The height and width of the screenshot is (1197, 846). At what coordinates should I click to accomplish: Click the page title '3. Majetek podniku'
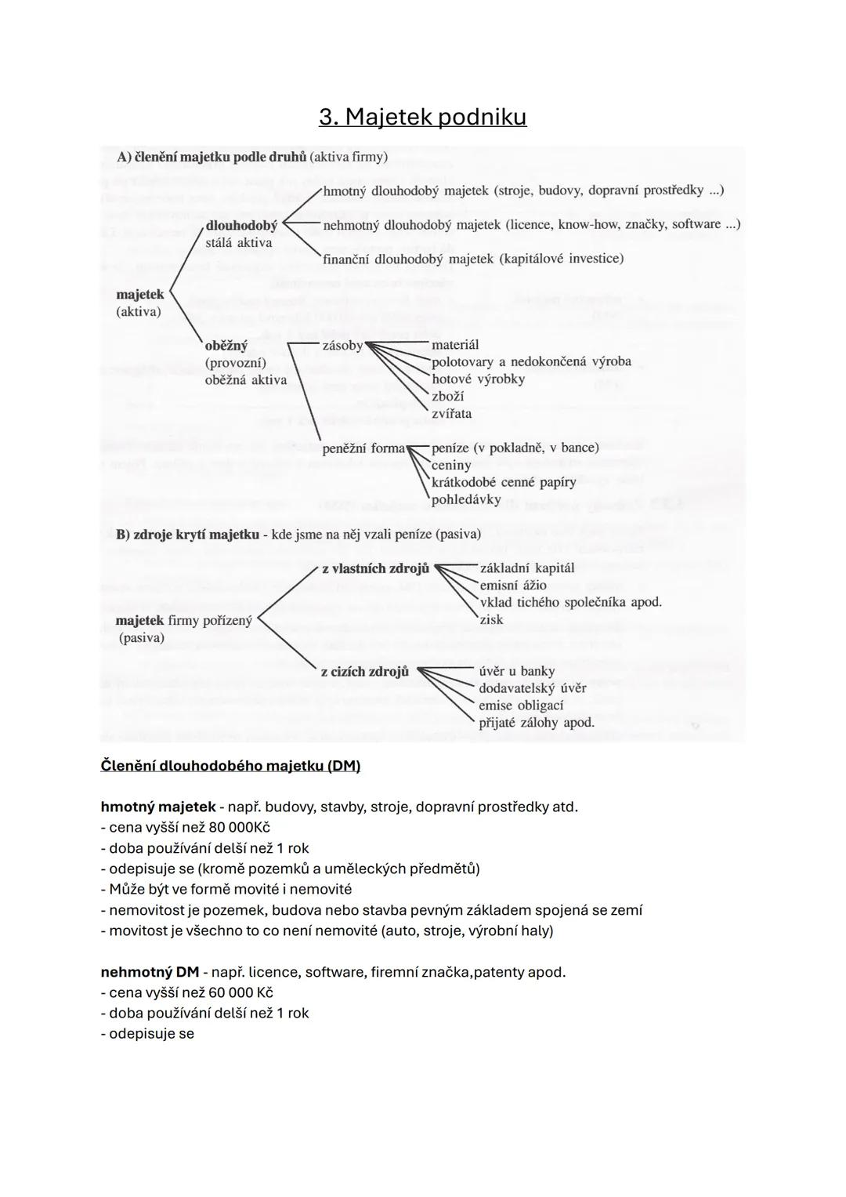tap(422, 117)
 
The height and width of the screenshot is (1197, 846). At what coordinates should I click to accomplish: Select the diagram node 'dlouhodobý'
tap(241, 226)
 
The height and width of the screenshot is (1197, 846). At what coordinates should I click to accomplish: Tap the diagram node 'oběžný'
tap(226, 345)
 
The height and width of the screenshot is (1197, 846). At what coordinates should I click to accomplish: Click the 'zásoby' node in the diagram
tap(342, 345)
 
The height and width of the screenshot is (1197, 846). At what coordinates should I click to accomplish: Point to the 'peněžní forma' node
tap(363, 448)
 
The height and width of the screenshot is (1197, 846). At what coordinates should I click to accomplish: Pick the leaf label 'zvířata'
tap(451, 413)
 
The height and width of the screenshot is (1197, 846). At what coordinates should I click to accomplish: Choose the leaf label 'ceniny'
tap(451, 465)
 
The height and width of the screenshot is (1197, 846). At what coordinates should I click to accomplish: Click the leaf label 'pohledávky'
tap(466, 499)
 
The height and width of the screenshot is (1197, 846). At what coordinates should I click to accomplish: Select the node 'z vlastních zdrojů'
tap(375, 568)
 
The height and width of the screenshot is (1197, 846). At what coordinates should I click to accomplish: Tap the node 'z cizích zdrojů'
tap(365, 671)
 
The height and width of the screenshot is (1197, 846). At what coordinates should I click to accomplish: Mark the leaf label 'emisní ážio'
tap(513, 585)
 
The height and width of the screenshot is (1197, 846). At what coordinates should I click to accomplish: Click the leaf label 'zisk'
tap(491, 619)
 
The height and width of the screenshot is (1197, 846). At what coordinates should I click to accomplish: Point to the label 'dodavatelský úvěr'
tap(533, 688)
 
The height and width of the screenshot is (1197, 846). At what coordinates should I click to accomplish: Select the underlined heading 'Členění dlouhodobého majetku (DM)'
tap(230, 765)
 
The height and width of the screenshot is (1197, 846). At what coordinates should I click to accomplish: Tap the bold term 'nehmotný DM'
tap(150, 972)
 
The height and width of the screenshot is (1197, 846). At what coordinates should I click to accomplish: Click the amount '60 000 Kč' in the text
tap(241, 992)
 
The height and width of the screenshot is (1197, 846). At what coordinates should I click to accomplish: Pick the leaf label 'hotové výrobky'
tap(478, 379)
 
